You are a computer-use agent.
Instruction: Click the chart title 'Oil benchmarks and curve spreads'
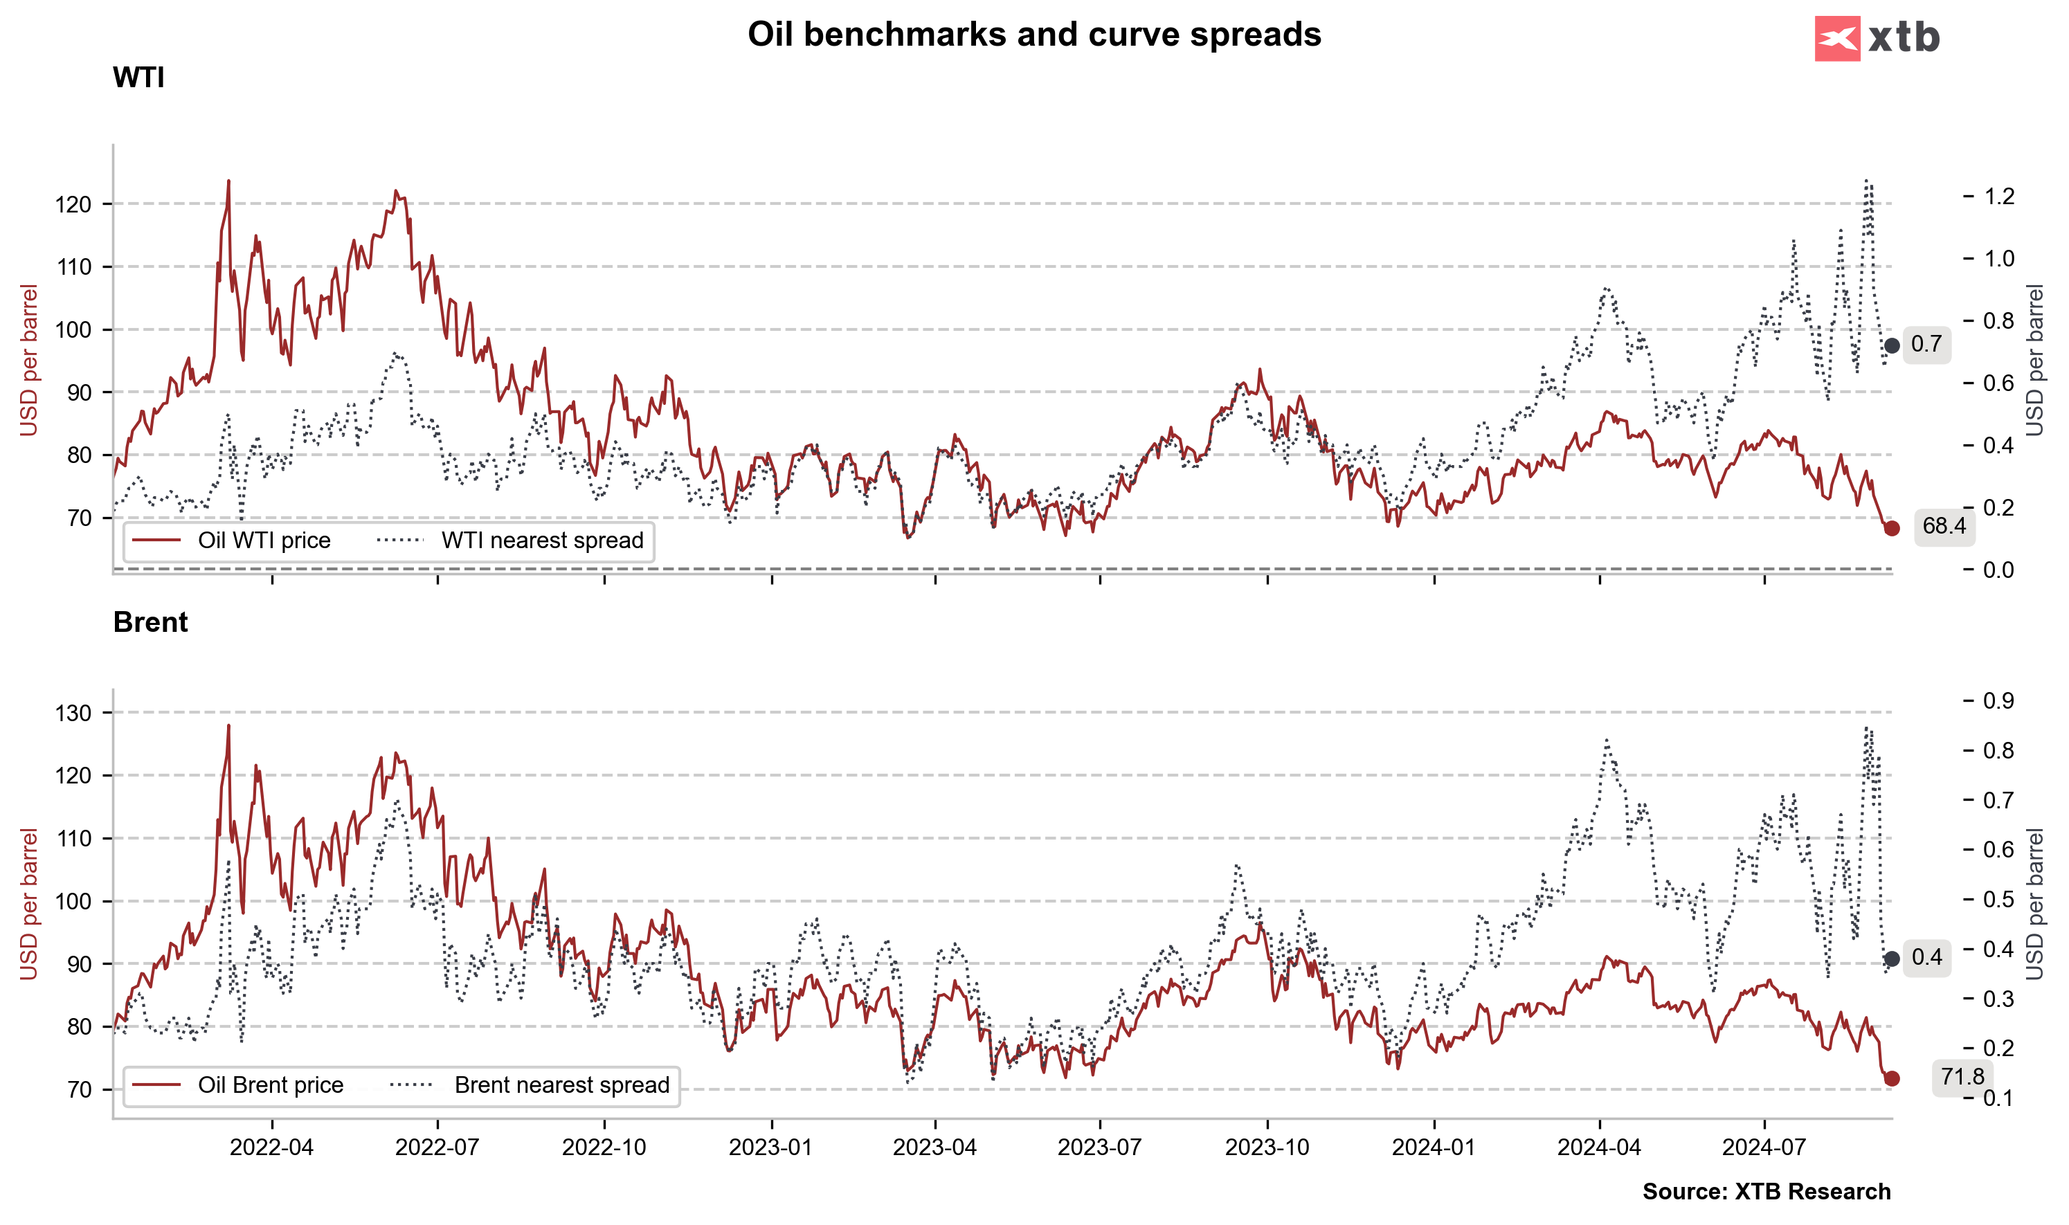pos(1033,35)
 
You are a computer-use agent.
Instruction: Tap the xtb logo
pos(1877,38)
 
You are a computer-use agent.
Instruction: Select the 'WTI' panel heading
pos(138,78)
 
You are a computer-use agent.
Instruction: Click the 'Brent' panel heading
pos(150,621)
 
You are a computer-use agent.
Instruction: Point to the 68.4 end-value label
pos(1944,526)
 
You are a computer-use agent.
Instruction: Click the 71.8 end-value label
pos(1962,1076)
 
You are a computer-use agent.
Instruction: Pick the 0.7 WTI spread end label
pos(1926,344)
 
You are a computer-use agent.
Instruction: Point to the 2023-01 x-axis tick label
pos(770,1147)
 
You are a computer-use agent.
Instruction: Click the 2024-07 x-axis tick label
pos(1764,1147)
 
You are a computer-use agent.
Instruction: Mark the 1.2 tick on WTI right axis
pos(1999,197)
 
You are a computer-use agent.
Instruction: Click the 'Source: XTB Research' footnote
pos(1766,1192)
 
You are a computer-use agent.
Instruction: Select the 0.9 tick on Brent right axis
pos(1999,701)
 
